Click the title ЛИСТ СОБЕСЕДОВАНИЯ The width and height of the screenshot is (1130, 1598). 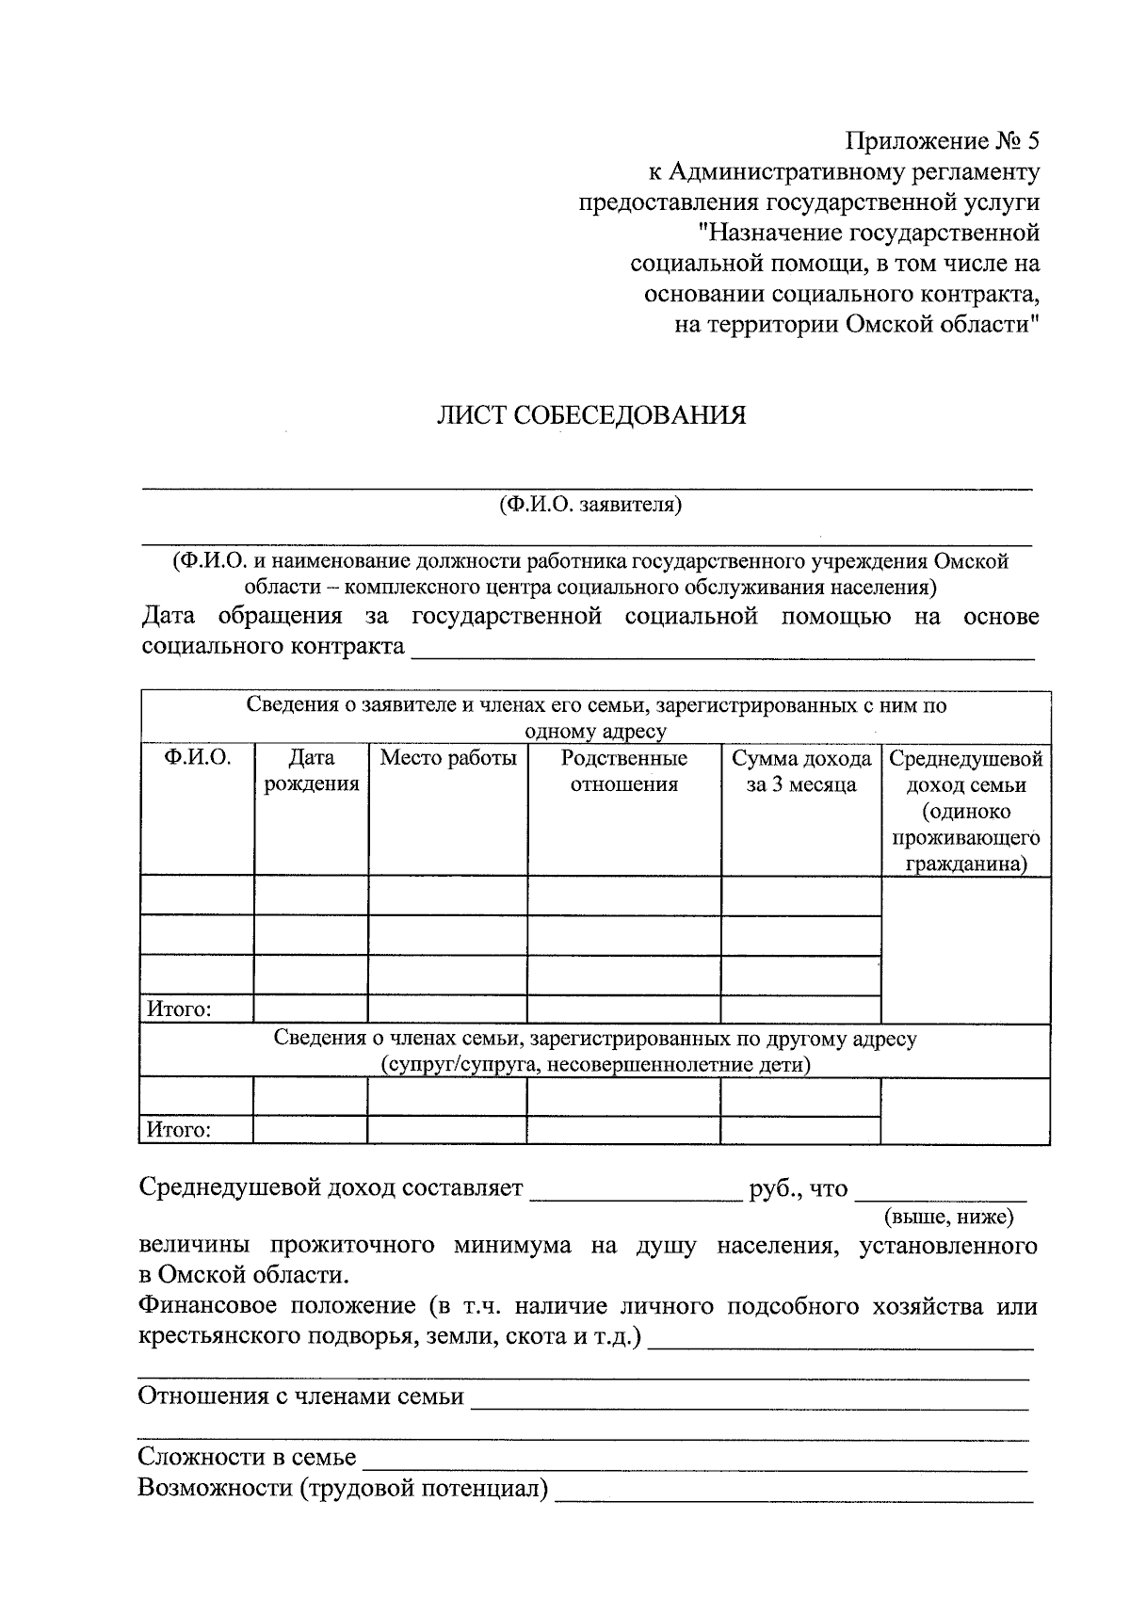tap(590, 415)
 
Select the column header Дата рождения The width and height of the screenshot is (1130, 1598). tap(312, 771)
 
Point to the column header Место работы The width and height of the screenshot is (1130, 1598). tap(448, 758)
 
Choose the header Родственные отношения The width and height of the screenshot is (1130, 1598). tap(624, 771)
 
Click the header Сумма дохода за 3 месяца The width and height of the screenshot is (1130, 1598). tap(801, 771)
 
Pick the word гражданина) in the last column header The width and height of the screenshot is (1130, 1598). tap(966, 864)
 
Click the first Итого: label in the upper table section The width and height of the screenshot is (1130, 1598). tap(178, 1009)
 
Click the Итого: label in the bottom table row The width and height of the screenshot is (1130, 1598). tap(178, 1130)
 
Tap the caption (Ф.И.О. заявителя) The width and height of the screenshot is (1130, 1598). tap(590, 505)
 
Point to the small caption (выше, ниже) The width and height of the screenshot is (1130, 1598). tap(948, 1218)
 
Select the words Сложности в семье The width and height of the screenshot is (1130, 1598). tap(248, 1458)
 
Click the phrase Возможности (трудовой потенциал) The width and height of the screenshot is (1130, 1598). tap(343, 1489)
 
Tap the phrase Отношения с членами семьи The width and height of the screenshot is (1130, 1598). tap(301, 1396)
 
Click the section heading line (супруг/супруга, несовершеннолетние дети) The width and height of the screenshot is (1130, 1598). tap(595, 1065)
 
